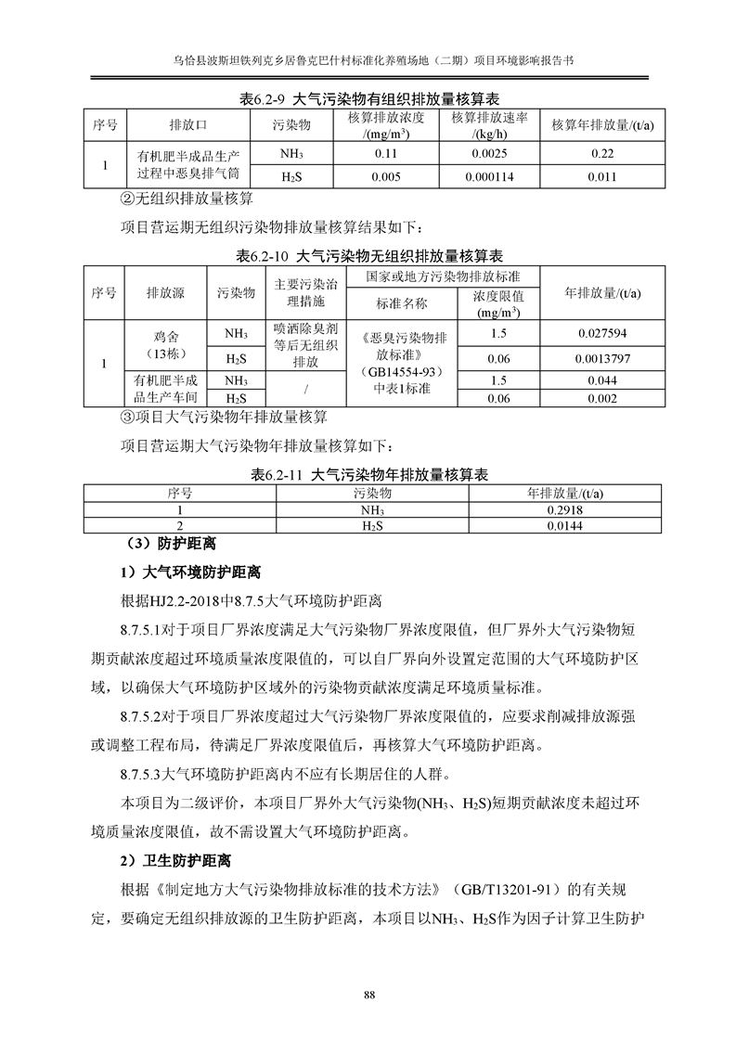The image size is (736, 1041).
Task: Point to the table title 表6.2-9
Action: coord(368,98)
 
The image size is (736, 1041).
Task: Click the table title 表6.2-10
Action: coord(368,255)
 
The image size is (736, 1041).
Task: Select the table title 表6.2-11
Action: coord(368,475)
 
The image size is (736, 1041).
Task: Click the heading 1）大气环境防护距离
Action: coord(189,571)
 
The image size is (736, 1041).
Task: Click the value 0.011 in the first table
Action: coord(603,177)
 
